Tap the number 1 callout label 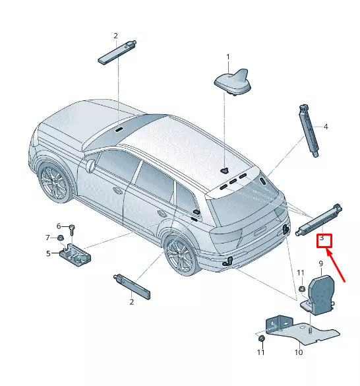(228, 57)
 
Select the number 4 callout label (325, 126)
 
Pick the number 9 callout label (320, 263)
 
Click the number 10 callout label (298, 353)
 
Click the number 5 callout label (48, 253)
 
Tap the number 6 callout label (58, 226)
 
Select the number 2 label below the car (131, 302)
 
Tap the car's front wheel (54, 182)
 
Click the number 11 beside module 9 (300, 273)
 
